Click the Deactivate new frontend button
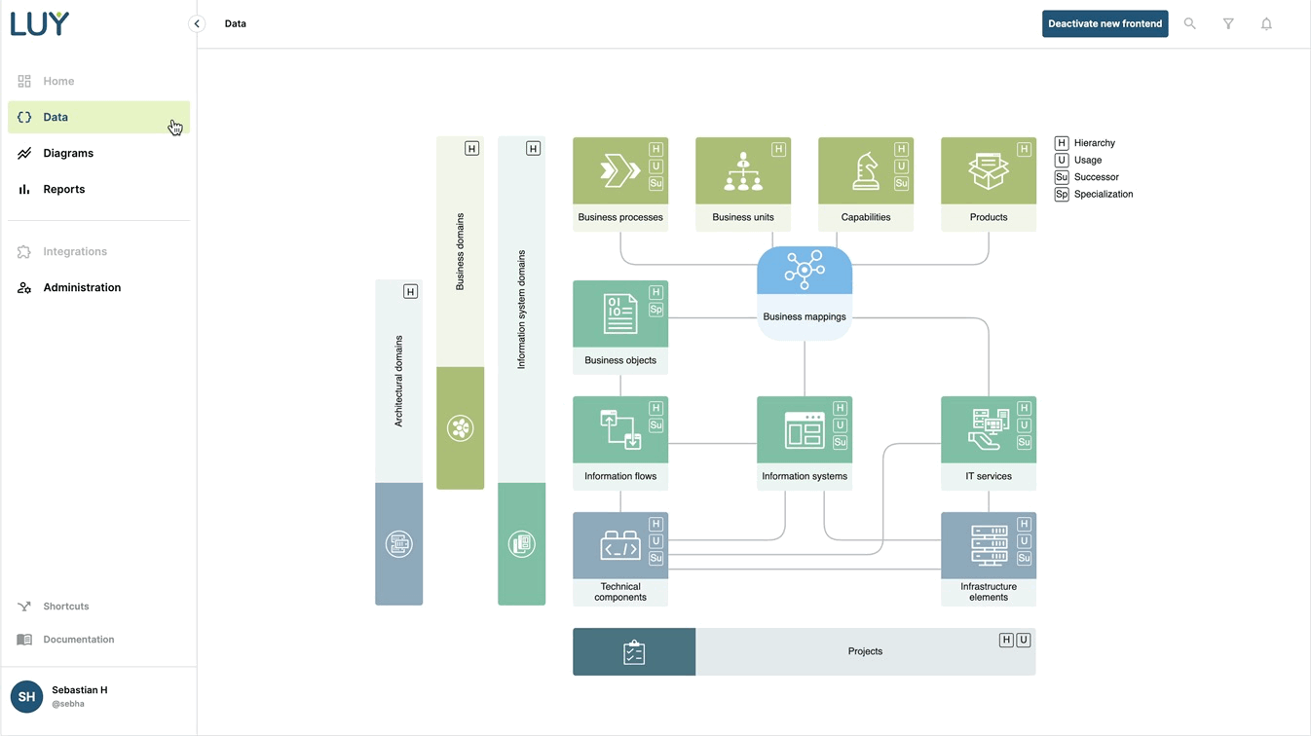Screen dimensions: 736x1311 click(x=1105, y=23)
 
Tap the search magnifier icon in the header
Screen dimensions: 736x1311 click(x=1189, y=23)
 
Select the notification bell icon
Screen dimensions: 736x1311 click(x=1266, y=23)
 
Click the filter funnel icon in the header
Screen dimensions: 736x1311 click(x=1228, y=23)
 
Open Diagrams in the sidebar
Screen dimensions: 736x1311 click(x=68, y=153)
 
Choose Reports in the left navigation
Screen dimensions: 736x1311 click(x=63, y=189)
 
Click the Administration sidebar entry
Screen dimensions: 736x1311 click(x=82, y=287)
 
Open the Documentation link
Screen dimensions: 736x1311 click(x=78, y=640)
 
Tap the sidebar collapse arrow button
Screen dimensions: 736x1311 click(x=197, y=23)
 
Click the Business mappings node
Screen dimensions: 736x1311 click(x=805, y=292)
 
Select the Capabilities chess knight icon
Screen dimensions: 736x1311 click(x=865, y=171)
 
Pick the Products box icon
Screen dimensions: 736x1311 click(x=988, y=171)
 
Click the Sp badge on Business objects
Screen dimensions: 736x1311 click(x=655, y=310)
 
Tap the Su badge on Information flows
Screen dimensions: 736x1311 click(x=655, y=425)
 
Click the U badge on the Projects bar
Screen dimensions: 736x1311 click(x=1024, y=641)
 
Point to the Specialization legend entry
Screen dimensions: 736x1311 click(x=1103, y=195)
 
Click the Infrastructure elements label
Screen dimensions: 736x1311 click(x=989, y=592)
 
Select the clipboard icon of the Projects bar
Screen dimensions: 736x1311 click(x=634, y=651)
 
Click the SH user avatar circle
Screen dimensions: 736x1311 click(x=26, y=696)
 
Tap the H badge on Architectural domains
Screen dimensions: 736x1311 click(x=410, y=291)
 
